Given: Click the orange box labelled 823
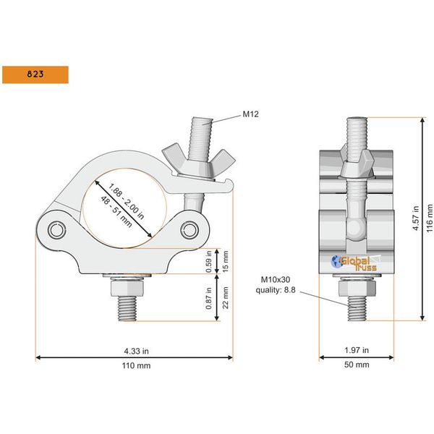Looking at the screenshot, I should (x=35, y=74).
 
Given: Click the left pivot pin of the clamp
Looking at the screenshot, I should (x=57, y=230).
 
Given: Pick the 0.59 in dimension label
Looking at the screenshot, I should (x=210, y=261).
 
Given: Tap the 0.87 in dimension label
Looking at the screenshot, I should (x=210, y=297).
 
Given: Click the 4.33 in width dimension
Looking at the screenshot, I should (x=134, y=351).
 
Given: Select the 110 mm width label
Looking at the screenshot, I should (x=134, y=366).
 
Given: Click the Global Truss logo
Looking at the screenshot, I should (x=351, y=263).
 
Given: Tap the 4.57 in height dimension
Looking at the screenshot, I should (x=415, y=217).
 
